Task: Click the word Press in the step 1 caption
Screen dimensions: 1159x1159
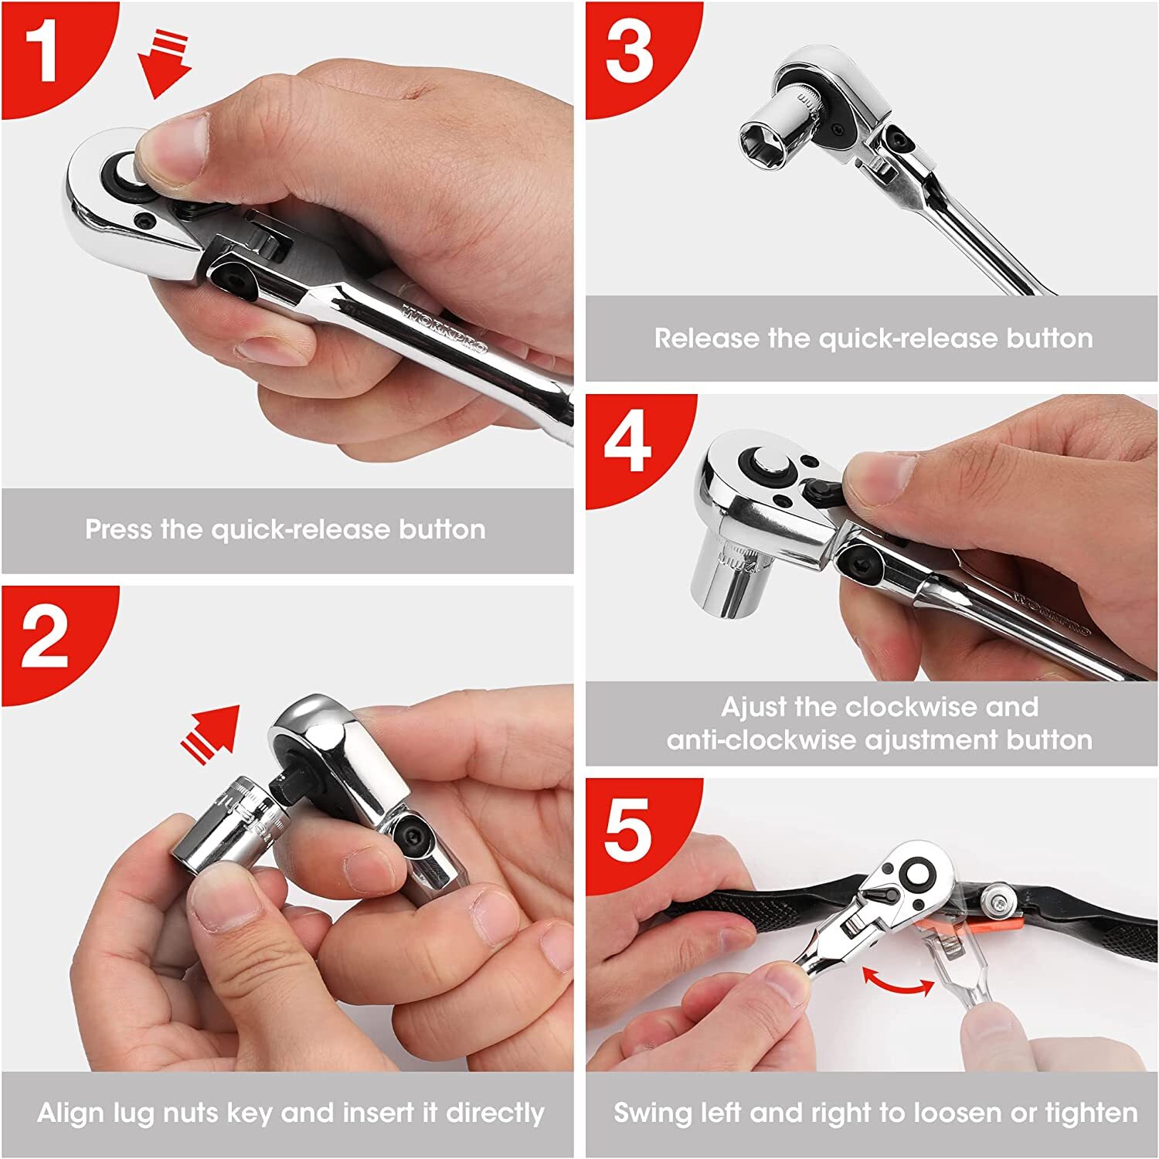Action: pyautogui.click(x=119, y=529)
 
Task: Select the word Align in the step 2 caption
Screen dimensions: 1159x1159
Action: pyautogui.click(x=71, y=1113)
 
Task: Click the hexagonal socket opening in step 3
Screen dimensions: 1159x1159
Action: pyautogui.click(x=763, y=142)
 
